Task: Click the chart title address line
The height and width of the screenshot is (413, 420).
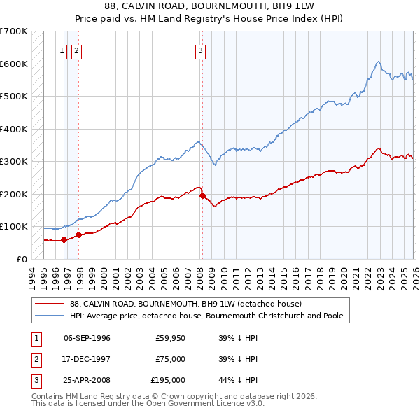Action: pos(209,6)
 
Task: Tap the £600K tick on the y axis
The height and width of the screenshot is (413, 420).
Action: pos(14,64)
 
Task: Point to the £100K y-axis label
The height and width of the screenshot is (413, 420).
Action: pos(14,227)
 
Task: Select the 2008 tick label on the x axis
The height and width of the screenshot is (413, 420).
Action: pos(200,274)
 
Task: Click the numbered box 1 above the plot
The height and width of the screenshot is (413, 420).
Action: pos(62,50)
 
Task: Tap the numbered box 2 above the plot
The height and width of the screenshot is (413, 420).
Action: pos(76,50)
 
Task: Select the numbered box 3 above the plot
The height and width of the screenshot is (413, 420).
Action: pos(200,50)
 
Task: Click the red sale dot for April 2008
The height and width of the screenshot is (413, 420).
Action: pos(202,196)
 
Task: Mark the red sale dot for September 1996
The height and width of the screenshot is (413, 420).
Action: pos(64,239)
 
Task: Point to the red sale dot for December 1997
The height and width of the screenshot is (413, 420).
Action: pos(79,234)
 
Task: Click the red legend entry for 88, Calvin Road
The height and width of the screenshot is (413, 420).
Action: pos(185,304)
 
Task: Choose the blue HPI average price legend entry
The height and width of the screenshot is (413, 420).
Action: pos(206,316)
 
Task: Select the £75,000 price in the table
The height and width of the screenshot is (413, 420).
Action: pos(170,359)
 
